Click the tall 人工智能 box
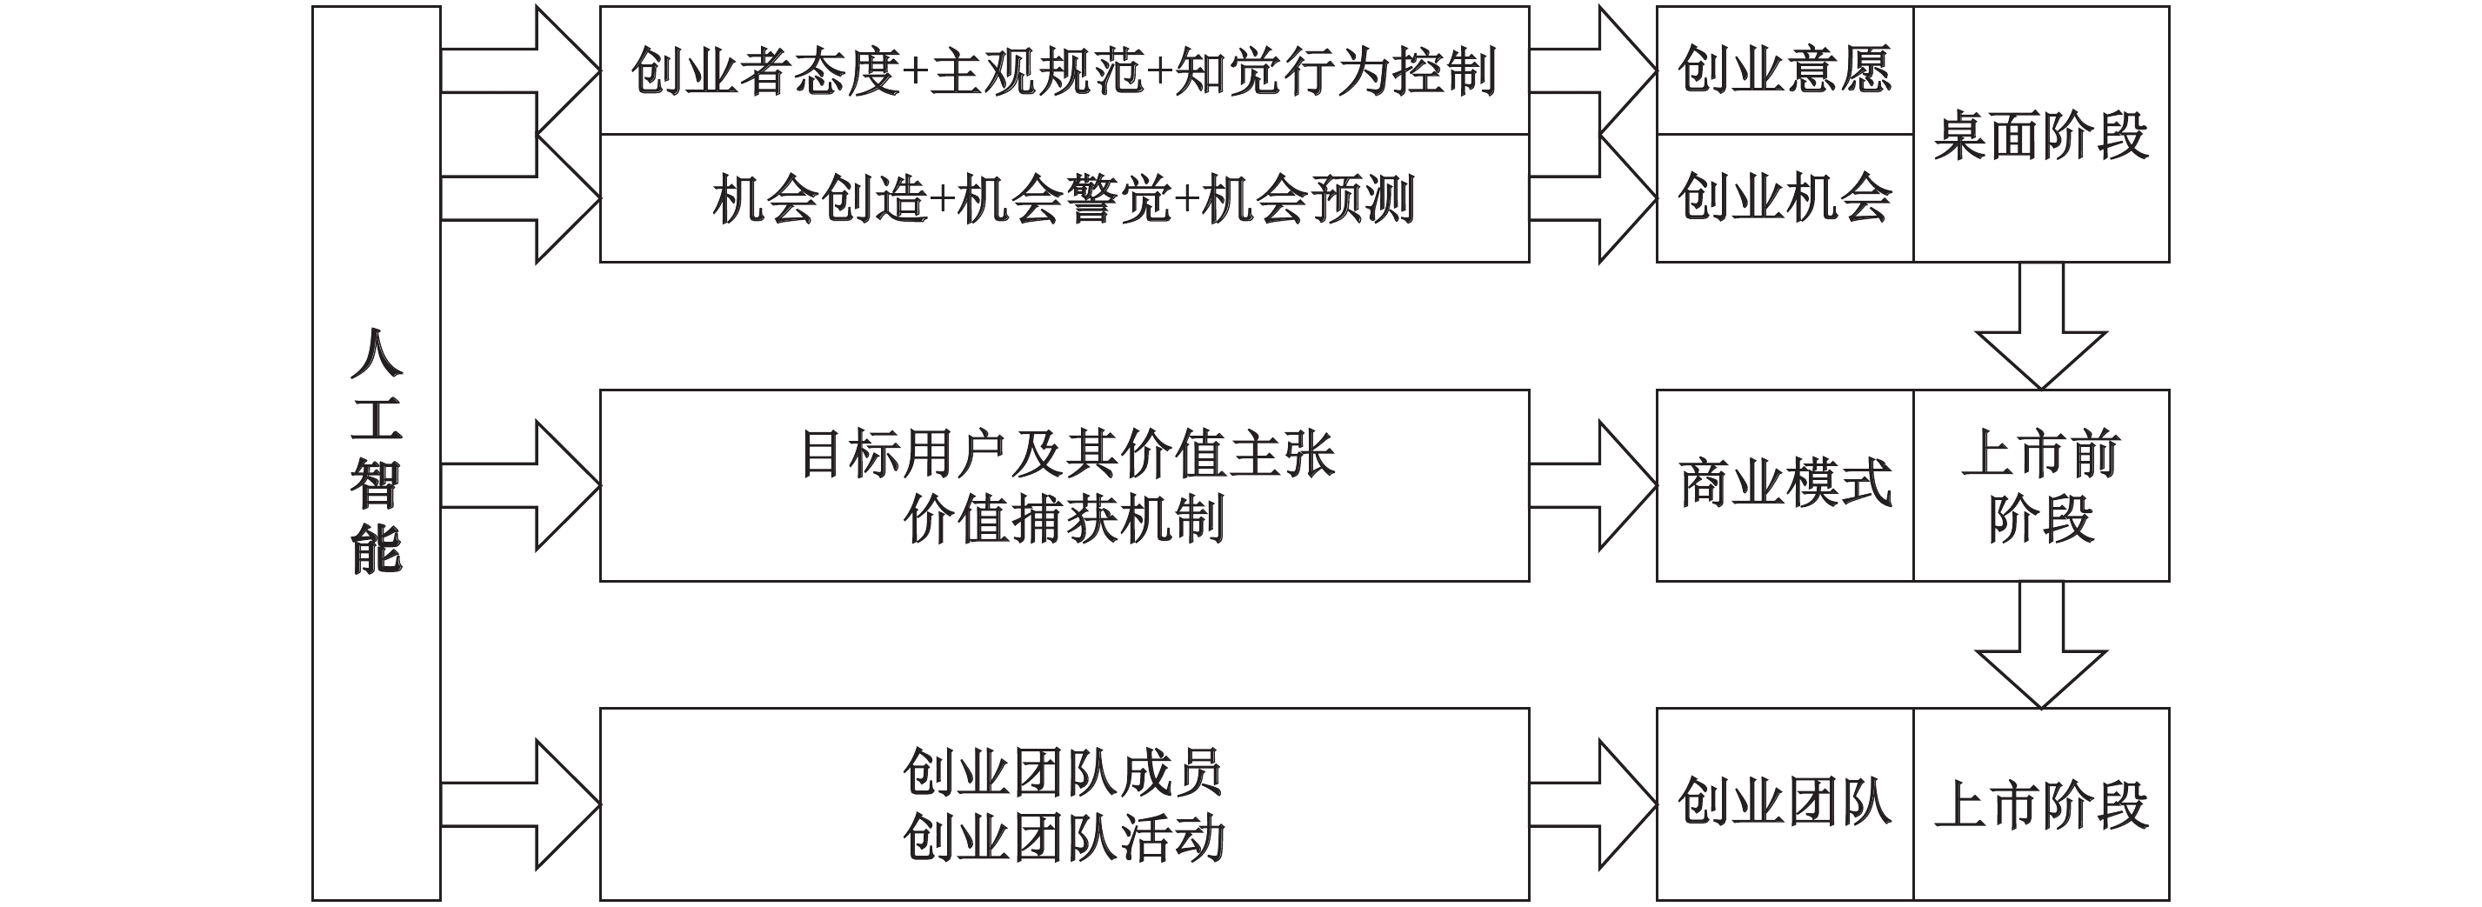376,453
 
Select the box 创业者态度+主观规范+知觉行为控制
1064,70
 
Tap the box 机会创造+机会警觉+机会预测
1064,198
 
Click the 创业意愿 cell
1785,70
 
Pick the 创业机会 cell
1785,198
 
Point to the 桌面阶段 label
2041,135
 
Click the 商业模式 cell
1785,485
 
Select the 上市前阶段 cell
2041,485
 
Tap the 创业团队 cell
1785,804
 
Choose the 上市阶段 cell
2041,804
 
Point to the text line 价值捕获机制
1064,519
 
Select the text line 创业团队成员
1063,772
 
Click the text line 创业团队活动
1064,837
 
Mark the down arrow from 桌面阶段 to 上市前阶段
2041,328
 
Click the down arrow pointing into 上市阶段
2041,647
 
